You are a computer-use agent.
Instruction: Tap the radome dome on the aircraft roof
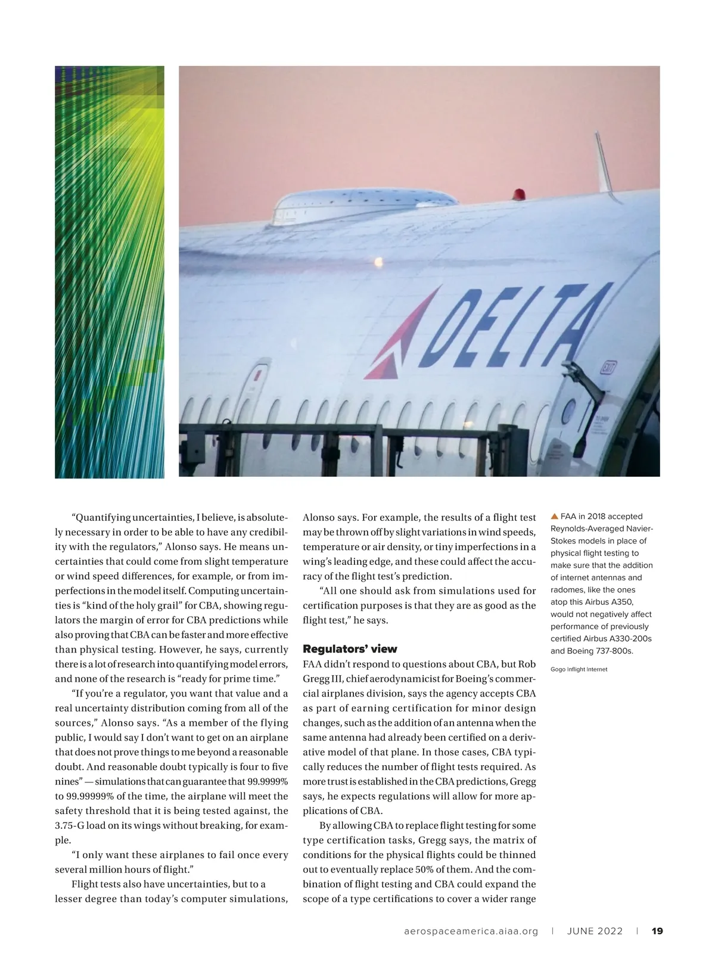pyautogui.click(x=365, y=206)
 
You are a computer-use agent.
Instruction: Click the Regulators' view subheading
pyautogui.click(x=350, y=649)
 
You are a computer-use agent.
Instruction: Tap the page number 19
pyautogui.click(x=658, y=931)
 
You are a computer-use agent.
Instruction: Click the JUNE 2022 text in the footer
pyautogui.click(x=595, y=931)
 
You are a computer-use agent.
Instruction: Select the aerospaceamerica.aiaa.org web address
pyautogui.click(x=471, y=931)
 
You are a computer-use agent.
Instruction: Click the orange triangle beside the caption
pyautogui.click(x=554, y=516)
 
